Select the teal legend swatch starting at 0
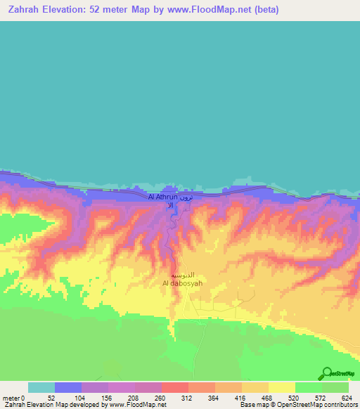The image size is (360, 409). click(x=41, y=387)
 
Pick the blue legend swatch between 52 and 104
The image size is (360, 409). click(x=68, y=387)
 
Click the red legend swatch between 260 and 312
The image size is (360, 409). click(x=175, y=387)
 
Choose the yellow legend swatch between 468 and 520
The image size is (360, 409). click(x=281, y=387)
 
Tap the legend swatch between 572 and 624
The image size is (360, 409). click(x=335, y=387)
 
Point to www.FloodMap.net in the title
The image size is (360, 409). click(x=212, y=10)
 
